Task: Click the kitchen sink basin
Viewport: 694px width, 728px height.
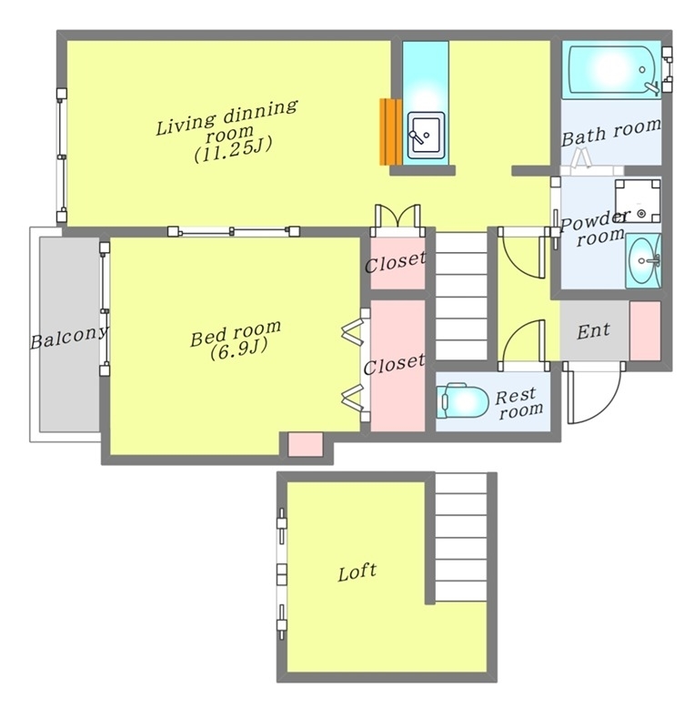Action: tap(426, 135)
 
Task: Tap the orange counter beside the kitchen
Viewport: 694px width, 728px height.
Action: tap(391, 131)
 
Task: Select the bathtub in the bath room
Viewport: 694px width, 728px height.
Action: tap(611, 70)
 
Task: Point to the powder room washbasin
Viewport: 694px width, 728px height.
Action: tap(643, 260)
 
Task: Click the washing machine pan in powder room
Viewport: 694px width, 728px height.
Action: tap(638, 201)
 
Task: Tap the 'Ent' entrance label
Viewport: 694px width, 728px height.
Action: tap(593, 331)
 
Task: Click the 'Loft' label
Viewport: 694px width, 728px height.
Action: tap(357, 572)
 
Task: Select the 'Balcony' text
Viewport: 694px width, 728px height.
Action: tap(69, 337)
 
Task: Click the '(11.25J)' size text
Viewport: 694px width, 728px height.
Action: tap(233, 149)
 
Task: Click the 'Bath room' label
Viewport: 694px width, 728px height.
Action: tap(611, 132)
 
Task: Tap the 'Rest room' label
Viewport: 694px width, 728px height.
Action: tap(518, 403)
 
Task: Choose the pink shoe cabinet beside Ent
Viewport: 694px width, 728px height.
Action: tap(645, 330)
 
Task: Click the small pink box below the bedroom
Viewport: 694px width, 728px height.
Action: tap(306, 444)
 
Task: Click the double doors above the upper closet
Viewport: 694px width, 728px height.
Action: tap(397, 217)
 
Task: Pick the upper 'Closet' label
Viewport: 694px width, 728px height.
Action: tap(395, 263)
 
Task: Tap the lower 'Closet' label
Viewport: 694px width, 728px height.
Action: tap(394, 365)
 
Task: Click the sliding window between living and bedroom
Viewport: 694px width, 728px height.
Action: tap(234, 231)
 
